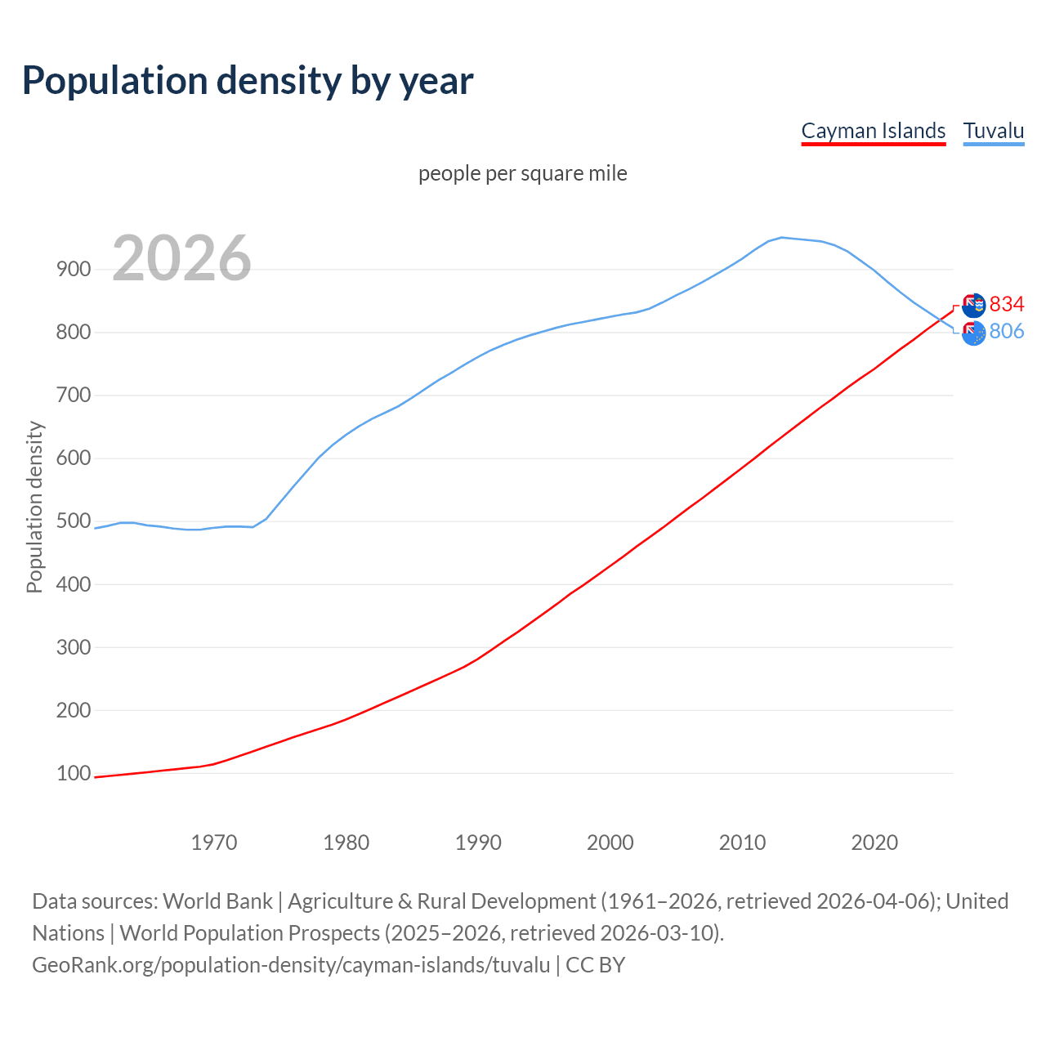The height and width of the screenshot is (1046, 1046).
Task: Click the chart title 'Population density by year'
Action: (248, 81)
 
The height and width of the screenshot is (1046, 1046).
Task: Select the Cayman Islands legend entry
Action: (873, 131)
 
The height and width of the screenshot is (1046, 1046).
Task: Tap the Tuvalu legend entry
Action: (993, 131)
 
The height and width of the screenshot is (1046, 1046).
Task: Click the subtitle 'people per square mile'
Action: (522, 173)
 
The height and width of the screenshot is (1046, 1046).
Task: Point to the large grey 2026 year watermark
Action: (181, 258)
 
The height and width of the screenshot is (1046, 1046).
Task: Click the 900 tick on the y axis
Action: (74, 270)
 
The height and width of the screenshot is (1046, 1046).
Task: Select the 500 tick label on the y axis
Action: (74, 521)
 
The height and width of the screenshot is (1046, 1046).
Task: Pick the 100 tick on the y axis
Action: (74, 773)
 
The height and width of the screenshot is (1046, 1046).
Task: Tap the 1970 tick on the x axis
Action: (214, 843)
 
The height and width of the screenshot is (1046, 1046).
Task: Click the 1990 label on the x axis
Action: (478, 843)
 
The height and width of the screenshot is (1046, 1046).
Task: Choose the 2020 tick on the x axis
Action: (874, 843)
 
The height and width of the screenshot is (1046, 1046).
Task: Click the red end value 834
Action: (1007, 305)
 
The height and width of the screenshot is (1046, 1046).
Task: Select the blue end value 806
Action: (1007, 331)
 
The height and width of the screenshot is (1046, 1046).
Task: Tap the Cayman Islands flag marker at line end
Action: (973, 306)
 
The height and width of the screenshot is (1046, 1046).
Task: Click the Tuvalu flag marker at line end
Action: (973, 333)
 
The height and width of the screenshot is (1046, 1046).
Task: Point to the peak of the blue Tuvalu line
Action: (781, 238)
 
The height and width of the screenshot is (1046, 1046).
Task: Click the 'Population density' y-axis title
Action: (34, 507)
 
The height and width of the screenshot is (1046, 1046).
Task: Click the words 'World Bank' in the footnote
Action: (217, 901)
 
